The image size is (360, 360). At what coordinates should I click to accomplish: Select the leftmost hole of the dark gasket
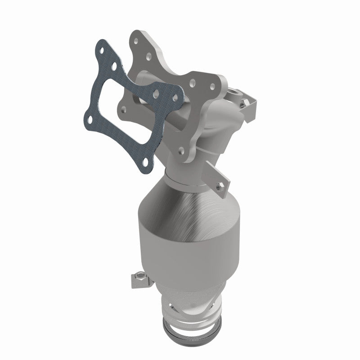(x=91, y=119)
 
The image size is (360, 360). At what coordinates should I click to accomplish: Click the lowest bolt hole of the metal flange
(x=181, y=150)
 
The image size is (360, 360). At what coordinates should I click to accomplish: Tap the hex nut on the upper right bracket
(x=243, y=104)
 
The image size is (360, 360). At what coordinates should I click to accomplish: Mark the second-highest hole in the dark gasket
(x=114, y=66)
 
